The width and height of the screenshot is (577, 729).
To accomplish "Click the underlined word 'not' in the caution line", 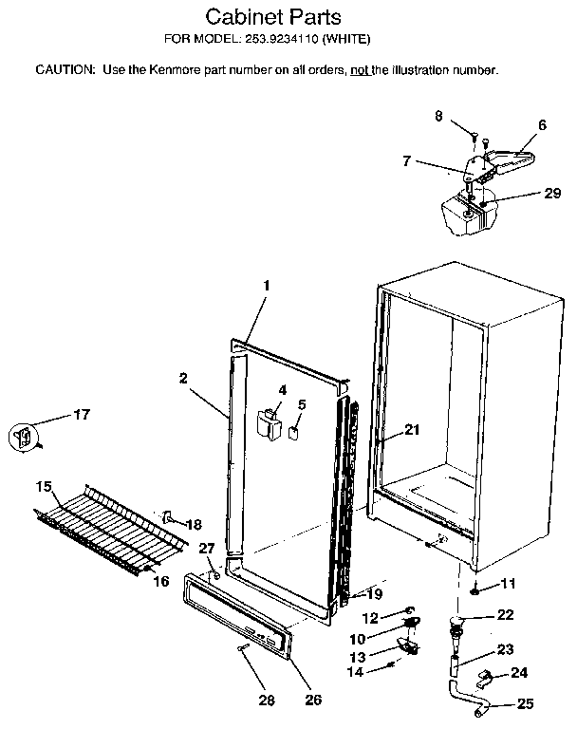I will (x=360, y=70).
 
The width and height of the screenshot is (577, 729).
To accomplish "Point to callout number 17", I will (x=82, y=414).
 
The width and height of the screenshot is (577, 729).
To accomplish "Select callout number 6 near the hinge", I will (x=542, y=124).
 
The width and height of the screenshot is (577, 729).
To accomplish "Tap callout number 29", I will (x=527, y=193).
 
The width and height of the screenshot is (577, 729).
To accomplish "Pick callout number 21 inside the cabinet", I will (x=411, y=429).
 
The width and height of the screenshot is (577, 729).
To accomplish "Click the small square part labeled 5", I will (x=295, y=434).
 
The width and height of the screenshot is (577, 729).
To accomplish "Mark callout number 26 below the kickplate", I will (x=312, y=701).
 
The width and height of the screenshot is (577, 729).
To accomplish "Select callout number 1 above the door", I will (x=267, y=284).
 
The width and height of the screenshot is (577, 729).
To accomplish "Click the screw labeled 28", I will (x=244, y=648).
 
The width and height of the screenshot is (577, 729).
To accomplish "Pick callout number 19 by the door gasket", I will (x=374, y=594).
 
